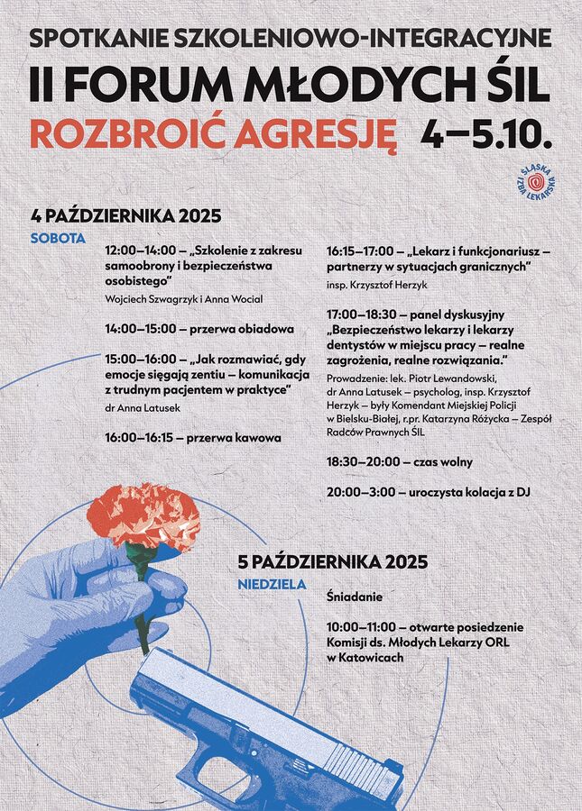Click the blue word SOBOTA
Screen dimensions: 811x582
pyautogui.click(x=58, y=239)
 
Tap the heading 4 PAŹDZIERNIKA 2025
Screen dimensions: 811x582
pyautogui.click(x=125, y=216)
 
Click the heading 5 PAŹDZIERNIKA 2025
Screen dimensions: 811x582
pyautogui.click(x=333, y=560)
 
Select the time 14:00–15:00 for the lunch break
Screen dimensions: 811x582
pyautogui.click(x=141, y=329)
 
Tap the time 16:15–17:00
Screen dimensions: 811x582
pyautogui.click(x=363, y=250)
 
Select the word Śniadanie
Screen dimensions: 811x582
pyautogui.click(x=354, y=597)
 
